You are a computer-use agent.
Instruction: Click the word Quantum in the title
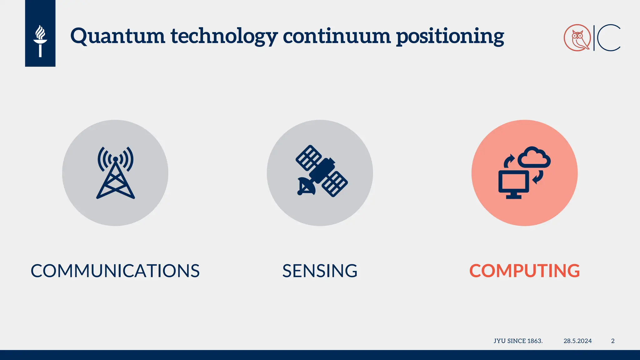point(117,36)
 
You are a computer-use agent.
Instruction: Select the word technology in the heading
point(224,36)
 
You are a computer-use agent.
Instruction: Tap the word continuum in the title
point(337,36)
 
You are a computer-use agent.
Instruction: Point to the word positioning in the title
point(450,36)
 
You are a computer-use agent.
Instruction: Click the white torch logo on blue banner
point(40,41)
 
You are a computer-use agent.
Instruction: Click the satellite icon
point(321,171)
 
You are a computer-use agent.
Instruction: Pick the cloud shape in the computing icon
point(534,157)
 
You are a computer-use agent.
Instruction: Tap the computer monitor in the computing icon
point(513,183)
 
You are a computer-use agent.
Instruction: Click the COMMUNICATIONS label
point(115,271)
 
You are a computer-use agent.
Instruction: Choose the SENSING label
point(320,271)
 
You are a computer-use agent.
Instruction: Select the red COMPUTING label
point(524,271)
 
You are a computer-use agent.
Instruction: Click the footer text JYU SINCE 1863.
point(518,341)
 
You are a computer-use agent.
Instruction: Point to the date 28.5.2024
point(577,341)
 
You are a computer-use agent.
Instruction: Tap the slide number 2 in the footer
point(613,341)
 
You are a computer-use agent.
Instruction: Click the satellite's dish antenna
point(306,186)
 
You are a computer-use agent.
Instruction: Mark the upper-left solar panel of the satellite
point(308,157)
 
